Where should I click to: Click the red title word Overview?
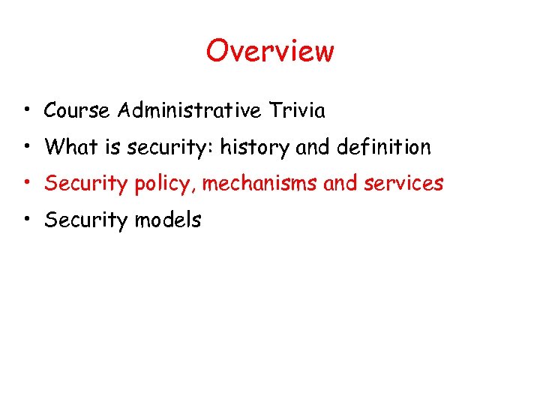(270, 51)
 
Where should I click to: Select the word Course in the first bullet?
(77, 111)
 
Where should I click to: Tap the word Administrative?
(188, 111)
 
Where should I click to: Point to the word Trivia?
(298, 111)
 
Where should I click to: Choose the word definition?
(387, 147)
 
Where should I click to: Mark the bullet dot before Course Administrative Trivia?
(26, 111)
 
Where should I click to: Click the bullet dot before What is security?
(26, 147)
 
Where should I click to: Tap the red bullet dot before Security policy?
(26, 183)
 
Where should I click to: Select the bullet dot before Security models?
(26, 220)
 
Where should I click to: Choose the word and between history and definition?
(313, 147)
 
